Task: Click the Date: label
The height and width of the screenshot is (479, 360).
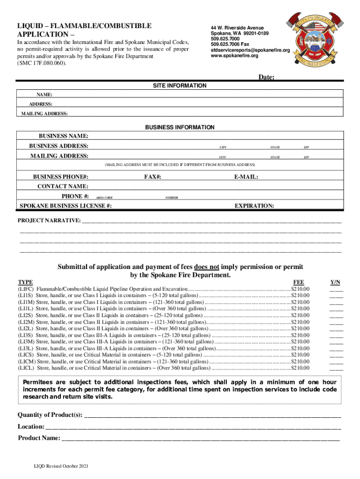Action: (x=266, y=77)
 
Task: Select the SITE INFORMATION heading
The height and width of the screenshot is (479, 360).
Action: (x=180, y=86)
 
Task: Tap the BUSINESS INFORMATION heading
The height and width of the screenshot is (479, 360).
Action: (x=180, y=127)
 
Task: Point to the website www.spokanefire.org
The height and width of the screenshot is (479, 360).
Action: (x=234, y=56)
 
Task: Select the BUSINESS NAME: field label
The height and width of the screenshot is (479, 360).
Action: (x=64, y=136)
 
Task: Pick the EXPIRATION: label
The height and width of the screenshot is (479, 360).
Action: (x=254, y=206)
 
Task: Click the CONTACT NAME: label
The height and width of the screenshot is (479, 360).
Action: (x=63, y=187)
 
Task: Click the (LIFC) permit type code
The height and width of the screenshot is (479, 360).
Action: (x=26, y=290)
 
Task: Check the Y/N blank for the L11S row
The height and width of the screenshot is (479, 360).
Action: (x=336, y=296)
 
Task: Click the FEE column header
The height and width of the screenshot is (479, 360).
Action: (x=298, y=283)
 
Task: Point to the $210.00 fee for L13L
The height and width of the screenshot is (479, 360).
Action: (x=300, y=348)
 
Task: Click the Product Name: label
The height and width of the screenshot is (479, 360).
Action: (x=39, y=438)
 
